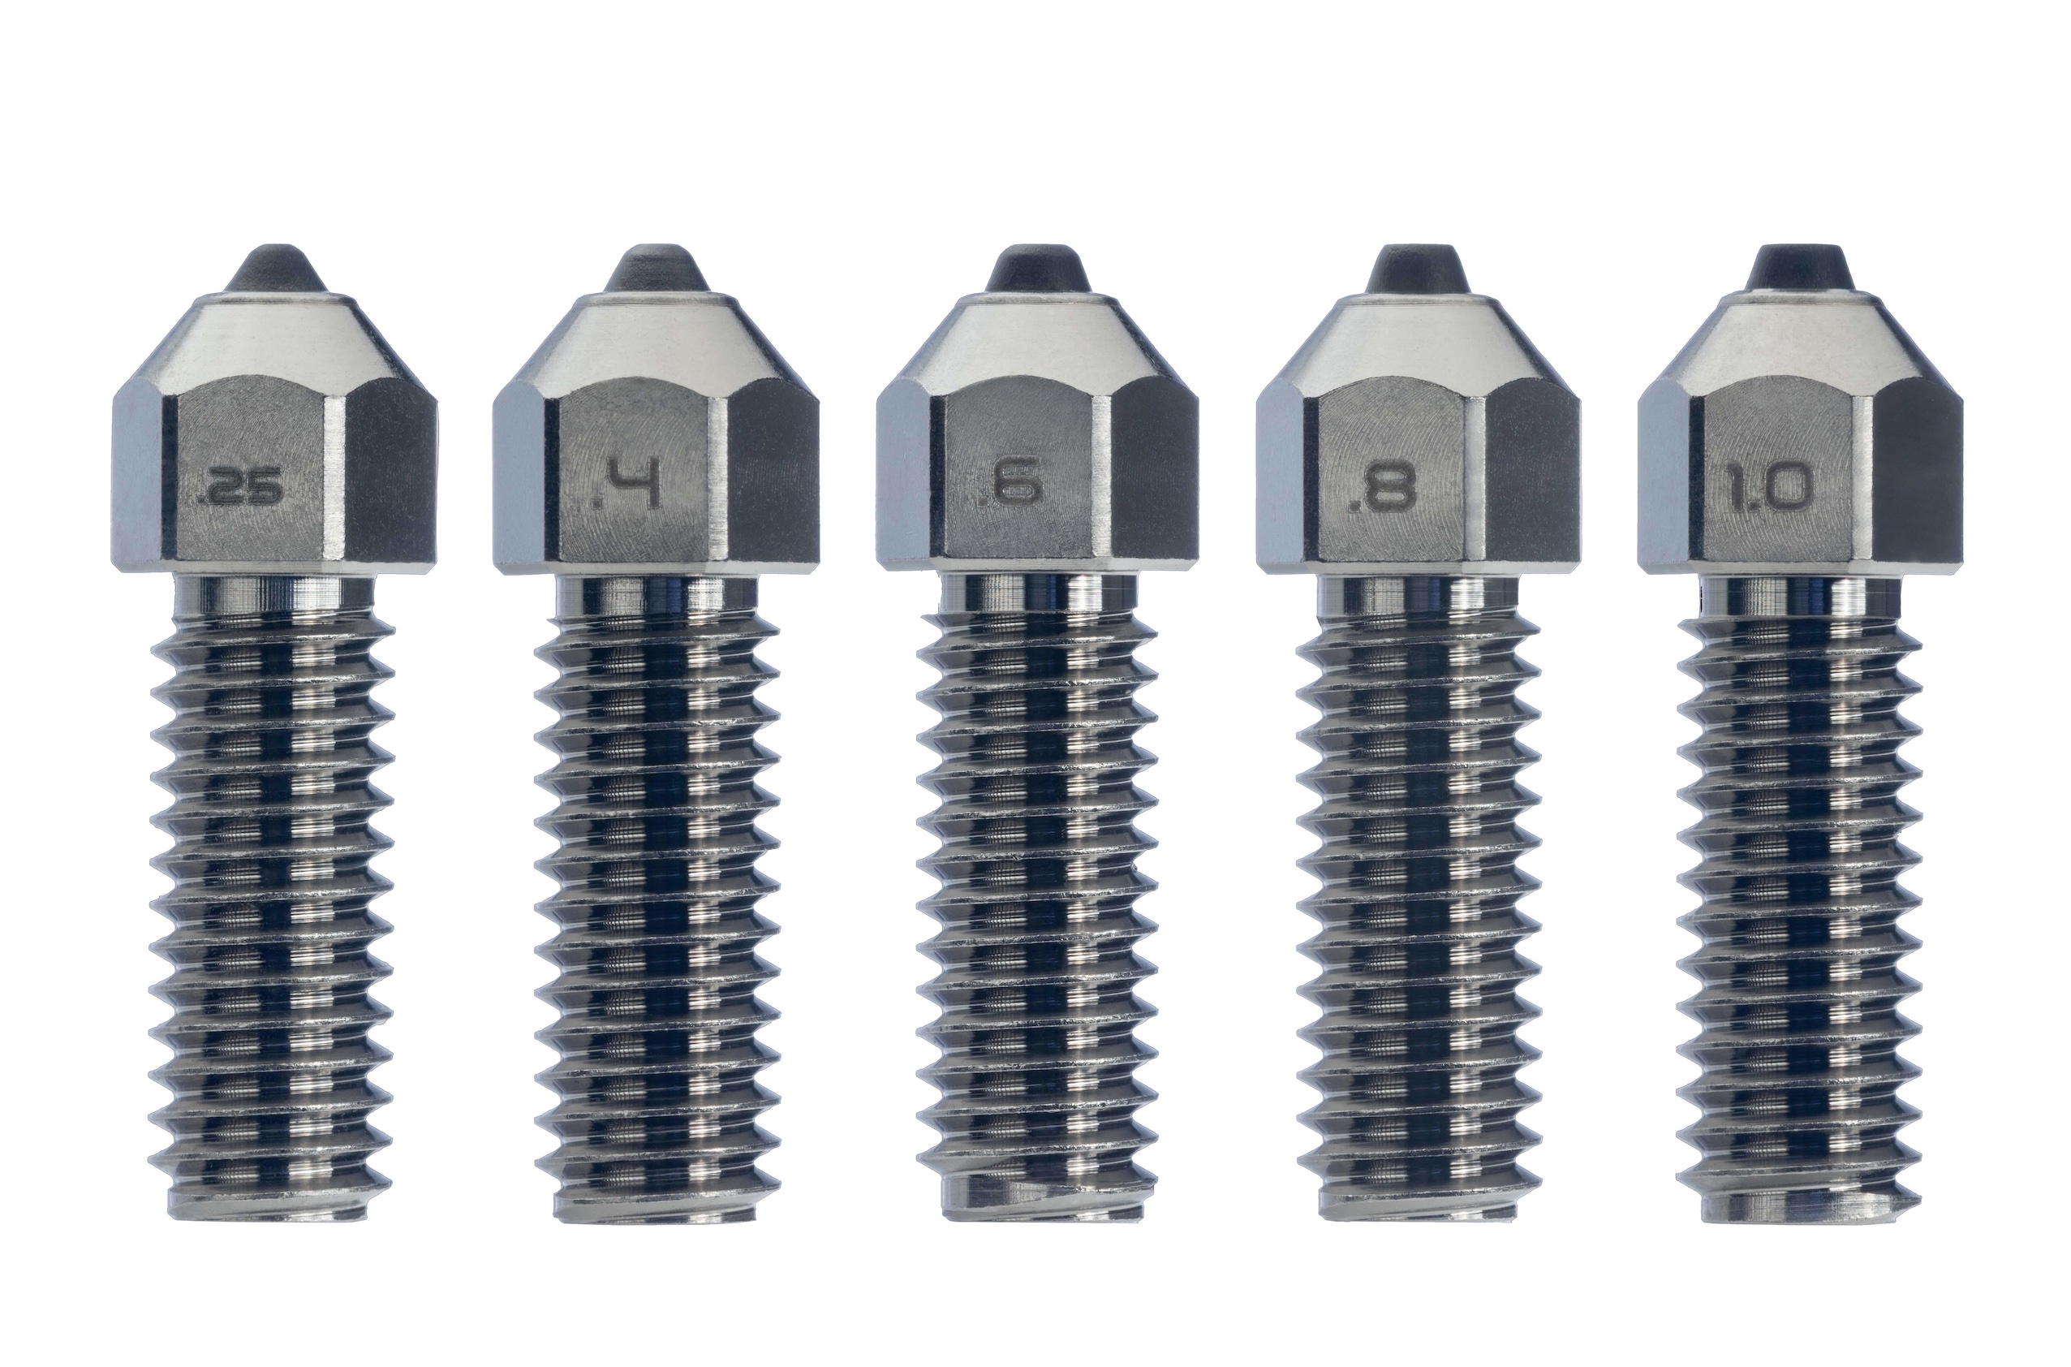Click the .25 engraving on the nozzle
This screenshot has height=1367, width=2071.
click(240, 490)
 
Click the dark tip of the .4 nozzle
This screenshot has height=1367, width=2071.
click(657, 270)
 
